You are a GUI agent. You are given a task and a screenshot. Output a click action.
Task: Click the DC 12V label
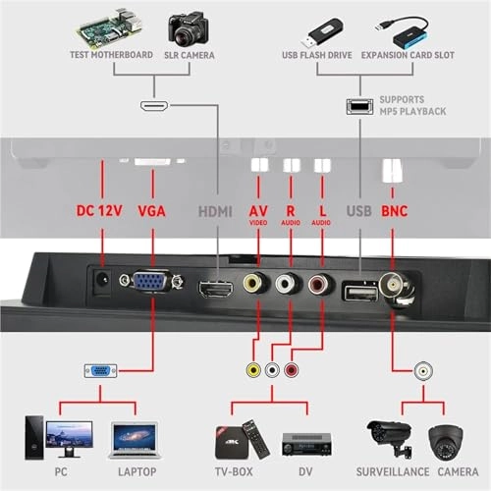tap(103, 210)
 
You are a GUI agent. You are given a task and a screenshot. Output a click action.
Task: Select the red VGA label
tap(152, 210)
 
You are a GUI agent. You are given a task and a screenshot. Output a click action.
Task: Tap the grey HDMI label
tap(215, 210)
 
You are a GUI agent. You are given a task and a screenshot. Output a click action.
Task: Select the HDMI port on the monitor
tap(215, 289)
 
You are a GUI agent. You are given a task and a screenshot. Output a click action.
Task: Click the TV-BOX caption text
tap(236, 470)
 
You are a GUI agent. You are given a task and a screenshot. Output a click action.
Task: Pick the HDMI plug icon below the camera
tap(155, 105)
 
